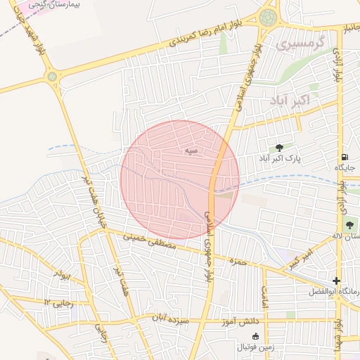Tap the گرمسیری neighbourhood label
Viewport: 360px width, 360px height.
point(302,44)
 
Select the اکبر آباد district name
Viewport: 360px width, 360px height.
point(288,101)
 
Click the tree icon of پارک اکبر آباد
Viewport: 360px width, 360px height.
point(280,148)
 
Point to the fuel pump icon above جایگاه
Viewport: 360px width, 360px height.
point(344,157)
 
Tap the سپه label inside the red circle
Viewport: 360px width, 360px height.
point(191,150)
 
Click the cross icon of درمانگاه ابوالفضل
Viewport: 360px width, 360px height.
point(336,281)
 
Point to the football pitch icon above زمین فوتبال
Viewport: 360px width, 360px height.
point(255,336)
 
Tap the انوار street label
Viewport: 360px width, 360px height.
point(65,276)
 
